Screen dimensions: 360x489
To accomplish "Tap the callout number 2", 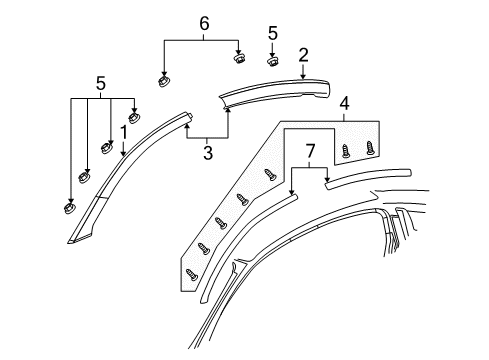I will (302, 55).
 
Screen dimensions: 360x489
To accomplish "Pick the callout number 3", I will (207, 152).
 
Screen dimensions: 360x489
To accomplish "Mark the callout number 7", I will (310, 151).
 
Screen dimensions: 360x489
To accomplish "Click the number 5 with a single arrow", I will (271, 33).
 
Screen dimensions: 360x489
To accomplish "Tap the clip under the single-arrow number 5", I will (271, 61).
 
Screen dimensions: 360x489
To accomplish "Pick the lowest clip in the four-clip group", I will (68, 208).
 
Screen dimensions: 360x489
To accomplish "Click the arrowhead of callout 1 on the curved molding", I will (122, 156).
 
